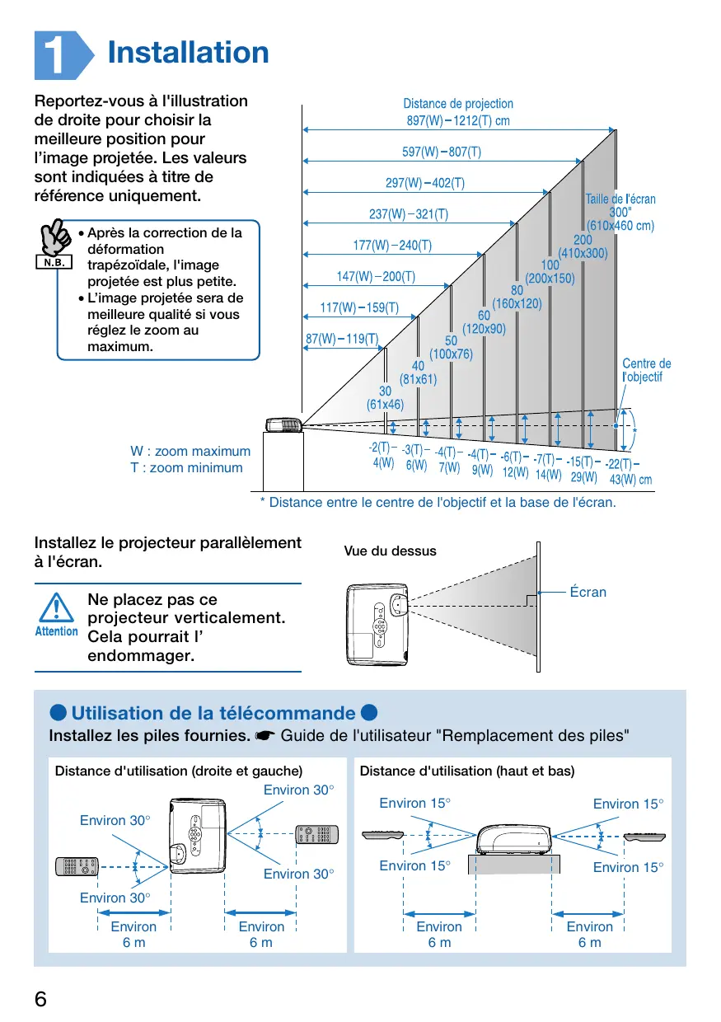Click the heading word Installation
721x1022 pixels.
click(188, 53)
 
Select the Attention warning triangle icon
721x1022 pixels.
click(56, 612)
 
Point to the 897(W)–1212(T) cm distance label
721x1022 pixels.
click(457, 120)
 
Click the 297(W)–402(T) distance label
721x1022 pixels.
click(424, 183)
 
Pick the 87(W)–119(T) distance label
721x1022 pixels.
click(341, 339)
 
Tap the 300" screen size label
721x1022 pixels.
click(619, 212)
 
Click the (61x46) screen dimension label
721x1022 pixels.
click(385, 405)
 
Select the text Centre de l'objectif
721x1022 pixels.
click(646, 370)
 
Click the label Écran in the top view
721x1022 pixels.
click(588, 592)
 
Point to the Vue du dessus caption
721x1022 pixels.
click(390, 551)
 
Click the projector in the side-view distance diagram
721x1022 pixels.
click(283, 425)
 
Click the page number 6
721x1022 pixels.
click(41, 999)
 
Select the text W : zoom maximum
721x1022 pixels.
click(190, 452)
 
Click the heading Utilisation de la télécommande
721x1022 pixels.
click(213, 713)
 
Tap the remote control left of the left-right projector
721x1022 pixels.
click(77, 866)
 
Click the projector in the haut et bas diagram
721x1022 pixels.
click(514, 838)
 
